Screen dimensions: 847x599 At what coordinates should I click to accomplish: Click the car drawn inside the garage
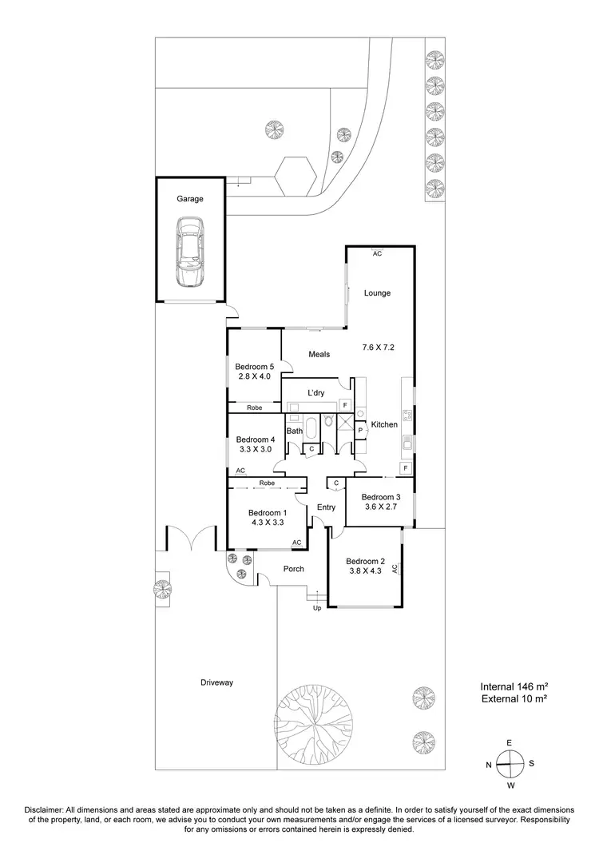click(x=190, y=254)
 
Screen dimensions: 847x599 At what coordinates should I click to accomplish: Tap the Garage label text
click(x=190, y=199)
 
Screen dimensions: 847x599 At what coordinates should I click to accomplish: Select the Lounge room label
click(x=377, y=293)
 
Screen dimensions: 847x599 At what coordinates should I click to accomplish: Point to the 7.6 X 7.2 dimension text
click(x=378, y=348)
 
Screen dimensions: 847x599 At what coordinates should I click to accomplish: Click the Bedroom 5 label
click(x=254, y=367)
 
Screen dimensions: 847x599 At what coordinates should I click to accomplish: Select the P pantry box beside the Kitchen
click(x=361, y=431)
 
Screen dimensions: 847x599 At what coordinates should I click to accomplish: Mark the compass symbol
click(x=510, y=764)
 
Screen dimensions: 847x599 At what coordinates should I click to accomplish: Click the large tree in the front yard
click(x=313, y=720)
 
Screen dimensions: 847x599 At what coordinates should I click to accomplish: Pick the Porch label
click(x=293, y=570)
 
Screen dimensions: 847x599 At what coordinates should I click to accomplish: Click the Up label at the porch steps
click(x=316, y=609)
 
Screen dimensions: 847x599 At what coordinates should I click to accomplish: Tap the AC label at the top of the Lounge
click(x=377, y=253)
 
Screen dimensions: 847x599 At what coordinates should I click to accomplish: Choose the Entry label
click(x=326, y=507)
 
